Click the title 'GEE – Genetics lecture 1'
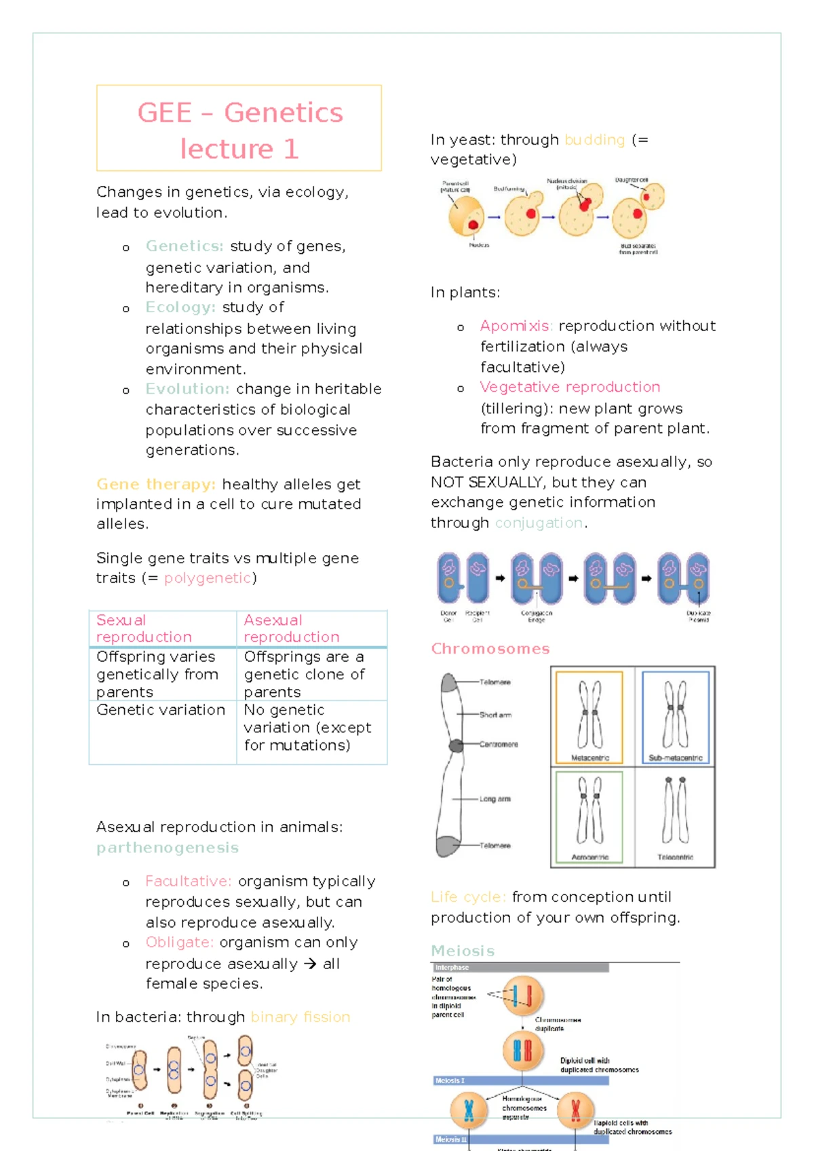coord(239,130)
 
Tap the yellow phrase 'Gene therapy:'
coord(156,484)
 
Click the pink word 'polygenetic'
coord(208,578)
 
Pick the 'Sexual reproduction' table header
coord(144,628)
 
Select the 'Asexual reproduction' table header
coord(291,628)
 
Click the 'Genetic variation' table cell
coord(161,710)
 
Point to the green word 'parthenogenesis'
coord(168,848)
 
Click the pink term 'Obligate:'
coord(180,942)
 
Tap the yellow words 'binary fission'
coord(301,1017)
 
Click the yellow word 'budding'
coord(594,140)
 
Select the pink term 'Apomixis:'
coord(516,326)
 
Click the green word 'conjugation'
coord(539,523)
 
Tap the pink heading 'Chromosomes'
coord(490,649)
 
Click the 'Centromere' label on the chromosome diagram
coord(499,744)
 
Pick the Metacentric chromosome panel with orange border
coord(589,717)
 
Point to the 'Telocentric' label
coord(675,857)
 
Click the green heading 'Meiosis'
coord(463,951)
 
